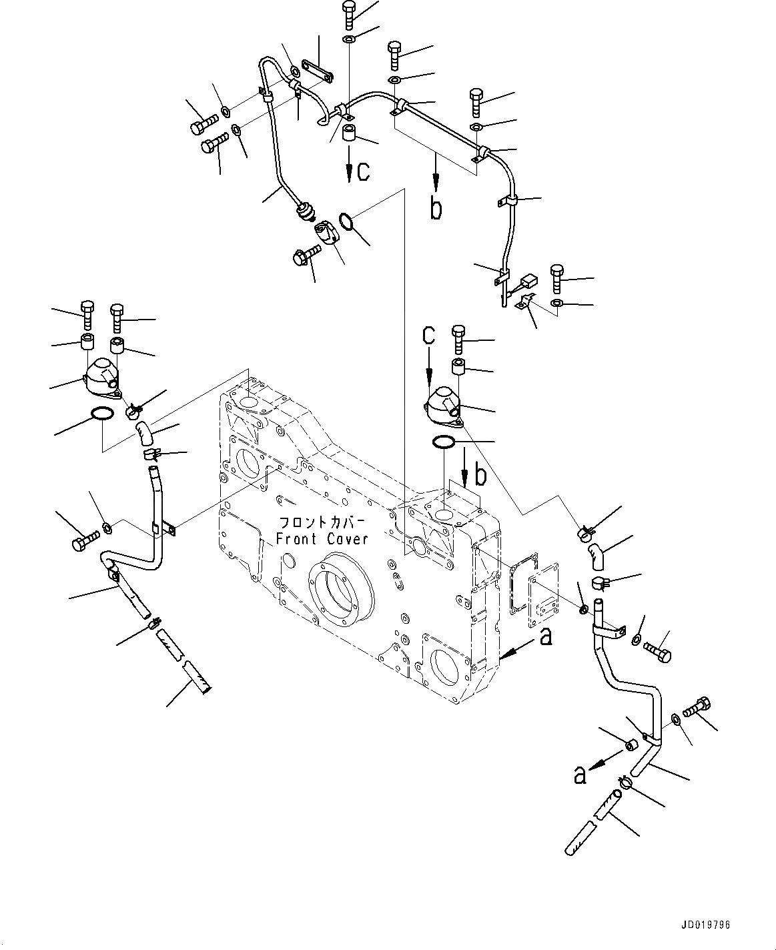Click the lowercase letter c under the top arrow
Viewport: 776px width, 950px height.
(x=362, y=171)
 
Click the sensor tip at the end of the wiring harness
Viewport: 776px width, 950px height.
(x=305, y=213)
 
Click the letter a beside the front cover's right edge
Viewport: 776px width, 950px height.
(x=546, y=638)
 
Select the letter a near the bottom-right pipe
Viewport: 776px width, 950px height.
(x=580, y=775)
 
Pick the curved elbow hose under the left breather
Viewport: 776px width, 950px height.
(x=146, y=434)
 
